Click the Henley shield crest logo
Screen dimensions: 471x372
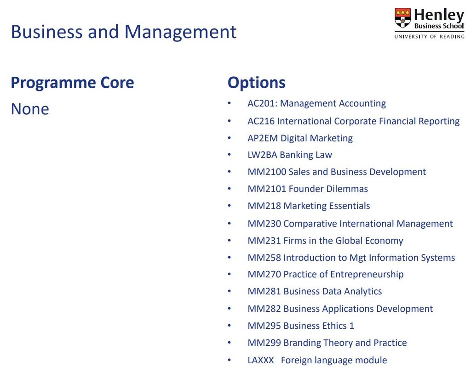click(402, 18)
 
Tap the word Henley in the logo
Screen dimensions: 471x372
click(439, 15)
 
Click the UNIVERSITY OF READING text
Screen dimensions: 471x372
click(429, 37)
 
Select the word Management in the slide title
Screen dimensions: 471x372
click(180, 32)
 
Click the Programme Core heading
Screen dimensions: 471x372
click(72, 83)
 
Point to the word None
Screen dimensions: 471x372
click(30, 109)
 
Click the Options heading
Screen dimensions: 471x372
click(256, 83)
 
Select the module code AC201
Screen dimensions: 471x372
click(262, 103)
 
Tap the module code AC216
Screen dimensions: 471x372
click(261, 121)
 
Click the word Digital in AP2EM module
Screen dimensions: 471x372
click(293, 138)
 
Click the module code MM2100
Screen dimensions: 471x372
click(267, 172)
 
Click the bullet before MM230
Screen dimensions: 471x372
click(229, 224)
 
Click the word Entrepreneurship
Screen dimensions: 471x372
click(367, 275)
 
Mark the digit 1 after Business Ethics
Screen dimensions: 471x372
click(351, 326)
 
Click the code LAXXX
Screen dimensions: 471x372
click(261, 360)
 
